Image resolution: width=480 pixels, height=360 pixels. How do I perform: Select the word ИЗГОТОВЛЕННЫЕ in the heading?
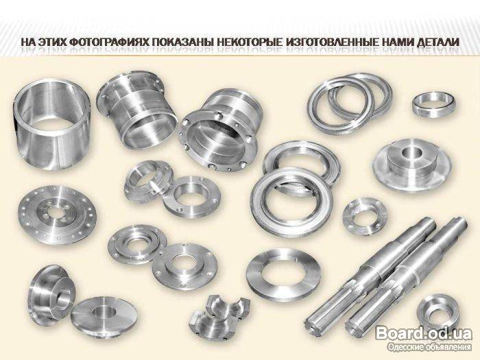(333, 42)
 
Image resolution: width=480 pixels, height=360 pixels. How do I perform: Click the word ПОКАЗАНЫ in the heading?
(182, 42)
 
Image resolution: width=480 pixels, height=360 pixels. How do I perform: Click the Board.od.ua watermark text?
(424, 333)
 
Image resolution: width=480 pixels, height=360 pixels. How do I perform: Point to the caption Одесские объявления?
(429, 347)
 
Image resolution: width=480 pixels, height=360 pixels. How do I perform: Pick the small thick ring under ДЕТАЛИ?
(433, 105)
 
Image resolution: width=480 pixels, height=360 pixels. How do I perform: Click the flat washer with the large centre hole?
(283, 275)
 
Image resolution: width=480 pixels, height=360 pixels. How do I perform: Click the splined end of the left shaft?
(318, 322)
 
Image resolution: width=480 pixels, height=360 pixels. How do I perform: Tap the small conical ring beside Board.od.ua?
(438, 310)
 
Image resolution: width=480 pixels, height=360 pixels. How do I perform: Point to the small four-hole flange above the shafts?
(365, 216)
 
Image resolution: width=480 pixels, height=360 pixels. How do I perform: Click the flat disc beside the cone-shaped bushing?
(104, 316)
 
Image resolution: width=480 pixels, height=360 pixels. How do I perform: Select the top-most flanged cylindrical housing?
(136, 109)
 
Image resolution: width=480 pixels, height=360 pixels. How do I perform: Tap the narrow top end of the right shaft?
(459, 223)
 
